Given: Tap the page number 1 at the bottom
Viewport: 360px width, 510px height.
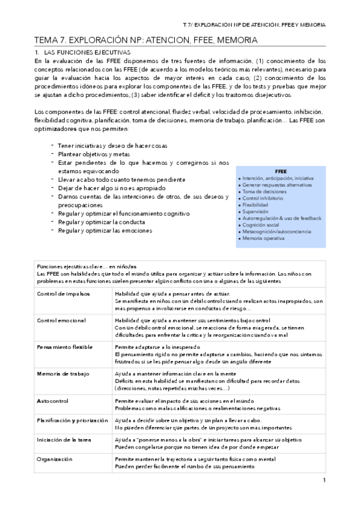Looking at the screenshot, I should pyautogui.click(x=324, y=480).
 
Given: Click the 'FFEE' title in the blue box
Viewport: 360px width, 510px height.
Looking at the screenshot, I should pyautogui.click(x=281, y=171).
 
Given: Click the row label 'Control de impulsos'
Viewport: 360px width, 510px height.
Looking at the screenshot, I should pyautogui.click(x=63, y=293).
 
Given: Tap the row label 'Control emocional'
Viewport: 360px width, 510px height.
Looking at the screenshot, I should pyautogui.click(x=62, y=321).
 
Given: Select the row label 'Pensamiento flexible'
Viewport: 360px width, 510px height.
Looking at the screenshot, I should pyautogui.click(x=65, y=348).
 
